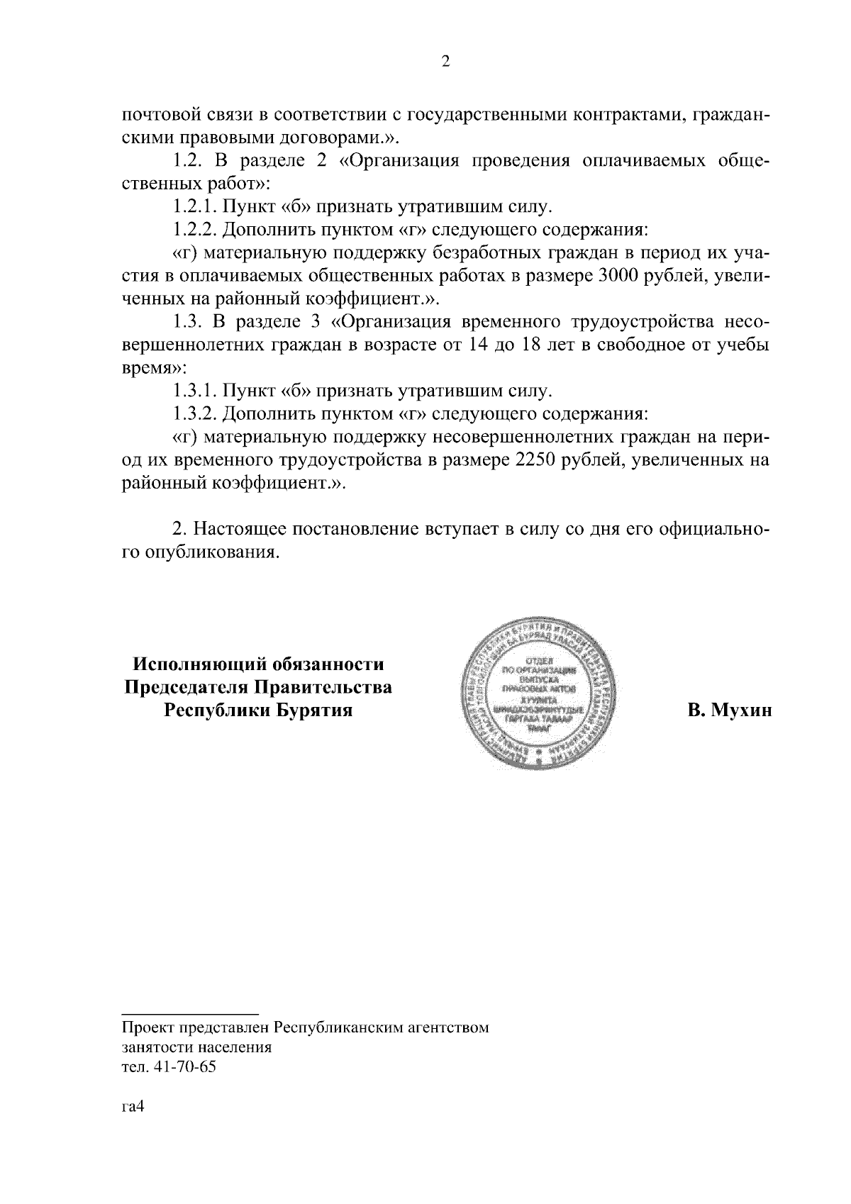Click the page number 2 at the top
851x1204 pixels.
[x=445, y=62]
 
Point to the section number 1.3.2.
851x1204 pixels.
[x=196, y=413]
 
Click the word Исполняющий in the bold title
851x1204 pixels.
[x=190, y=664]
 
